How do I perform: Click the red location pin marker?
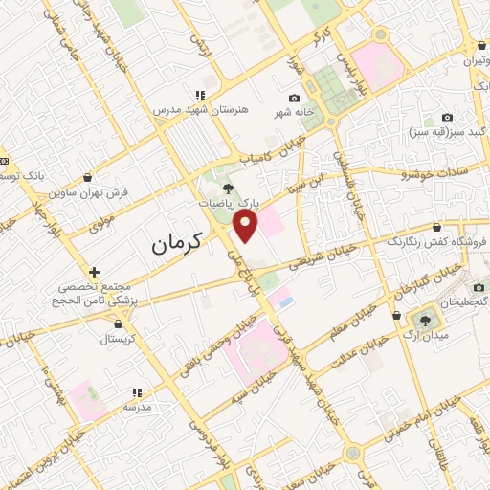pyautogui.click(x=247, y=226)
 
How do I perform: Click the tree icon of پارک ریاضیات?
pyautogui.click(x=227, y=189)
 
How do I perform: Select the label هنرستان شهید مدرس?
pyautogui.click(x=200, y=109)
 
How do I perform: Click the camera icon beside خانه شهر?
pyautogui.click(x=294, y=98)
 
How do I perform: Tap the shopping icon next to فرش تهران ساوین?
pyautogui.click(x=88, y=178)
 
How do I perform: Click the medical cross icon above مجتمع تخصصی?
pyautogui.click(x=93, y=273)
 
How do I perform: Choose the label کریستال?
pyautogui.click(x=122, y=339)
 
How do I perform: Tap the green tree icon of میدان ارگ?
pyautogui.click(x=422, y=317)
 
